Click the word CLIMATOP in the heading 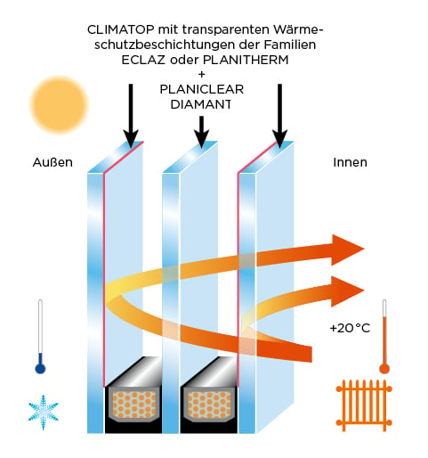tap(121, 29)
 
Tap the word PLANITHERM tap(246, 60)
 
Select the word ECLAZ tap(143, 60)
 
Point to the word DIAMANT tap(201, 104)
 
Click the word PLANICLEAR tap(202, 89)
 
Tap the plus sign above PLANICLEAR tap(202, 74)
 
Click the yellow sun tap(60, 104)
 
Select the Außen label tap(52, 162)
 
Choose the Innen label tap(350, 162)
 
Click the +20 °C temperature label tap(350, 328)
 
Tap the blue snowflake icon tap(44, 413)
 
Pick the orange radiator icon tap(364, 405)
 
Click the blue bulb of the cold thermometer tap(40, 368)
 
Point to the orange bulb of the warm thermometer tap(384, 368)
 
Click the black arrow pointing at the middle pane tap(202, 132)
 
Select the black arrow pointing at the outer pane tap(131, 116)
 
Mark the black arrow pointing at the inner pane tap(280, 116)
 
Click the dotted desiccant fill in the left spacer tap(134, 404)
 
